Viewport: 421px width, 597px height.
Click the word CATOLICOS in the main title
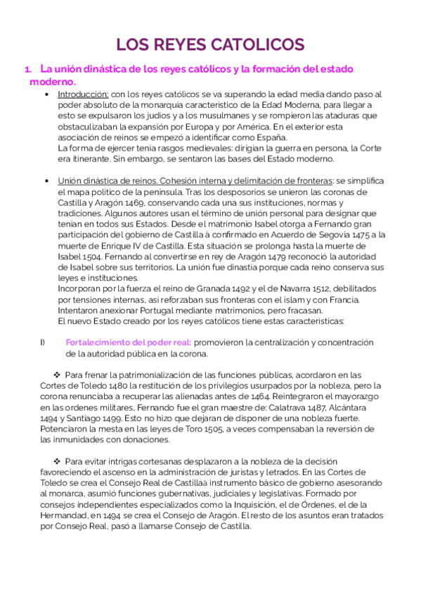tap(255, 45)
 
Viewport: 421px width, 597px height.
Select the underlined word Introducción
tap(82, 94)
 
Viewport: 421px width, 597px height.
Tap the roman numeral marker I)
tap(42, 342)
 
